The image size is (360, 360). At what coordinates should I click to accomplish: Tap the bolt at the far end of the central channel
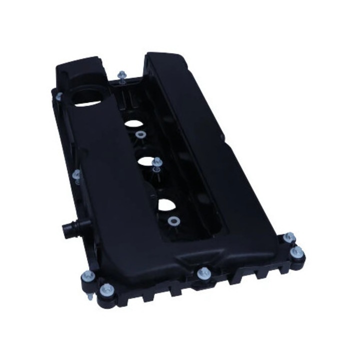[121, 76]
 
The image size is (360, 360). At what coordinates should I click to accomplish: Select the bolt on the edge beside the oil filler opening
[59, 95]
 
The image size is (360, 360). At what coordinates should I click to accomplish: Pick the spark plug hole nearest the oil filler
[133, 122]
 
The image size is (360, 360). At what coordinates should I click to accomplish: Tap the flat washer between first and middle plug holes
[140, 134]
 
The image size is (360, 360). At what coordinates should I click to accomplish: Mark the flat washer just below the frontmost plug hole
[173, 221]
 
